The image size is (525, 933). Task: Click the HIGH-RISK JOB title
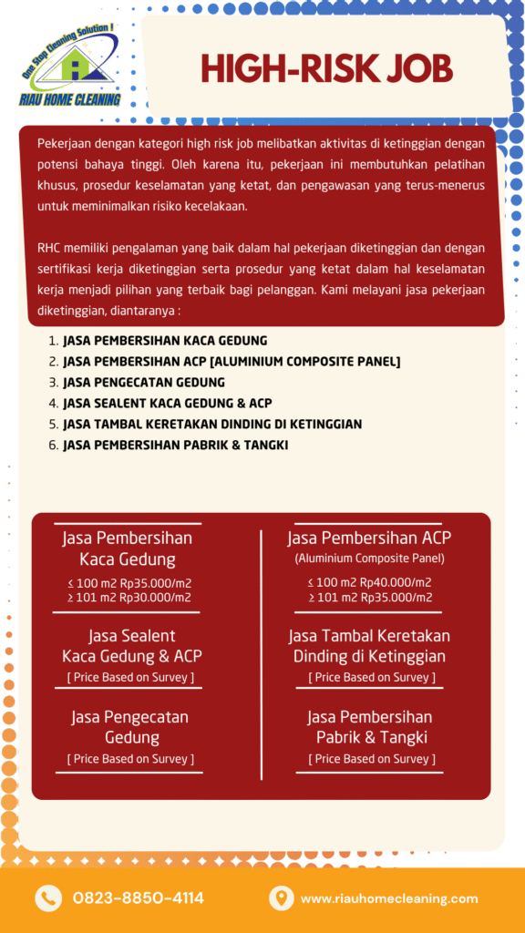326,69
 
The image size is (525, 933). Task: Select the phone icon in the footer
47,898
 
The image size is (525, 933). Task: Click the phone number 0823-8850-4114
139,898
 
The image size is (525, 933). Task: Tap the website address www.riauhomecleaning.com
389,898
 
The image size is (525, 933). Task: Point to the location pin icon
281,898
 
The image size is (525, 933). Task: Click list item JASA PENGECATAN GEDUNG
143,382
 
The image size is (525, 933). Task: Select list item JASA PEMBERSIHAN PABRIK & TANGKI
176,445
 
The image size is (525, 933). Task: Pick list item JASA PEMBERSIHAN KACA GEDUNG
164,340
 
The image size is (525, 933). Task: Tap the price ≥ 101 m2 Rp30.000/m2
129,598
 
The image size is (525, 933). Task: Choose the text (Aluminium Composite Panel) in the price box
369,559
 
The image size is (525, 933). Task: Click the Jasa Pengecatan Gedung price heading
130,727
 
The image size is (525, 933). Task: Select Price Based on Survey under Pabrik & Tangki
371,759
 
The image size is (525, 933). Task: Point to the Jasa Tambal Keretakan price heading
369,645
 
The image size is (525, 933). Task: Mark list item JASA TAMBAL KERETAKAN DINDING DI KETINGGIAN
212,424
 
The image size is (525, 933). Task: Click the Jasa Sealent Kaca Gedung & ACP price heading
131,645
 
